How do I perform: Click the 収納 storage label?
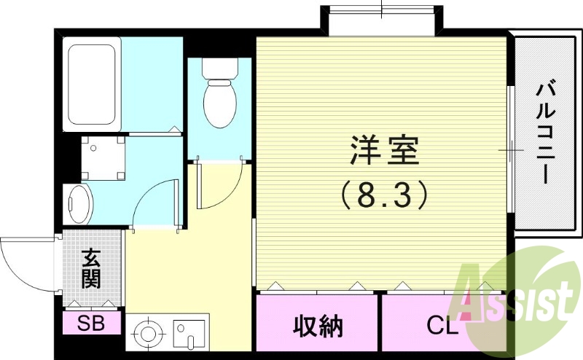[318, 326]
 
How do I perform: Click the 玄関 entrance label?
[91, 268]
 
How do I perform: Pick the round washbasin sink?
[77, 203]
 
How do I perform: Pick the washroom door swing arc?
[154, 206]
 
